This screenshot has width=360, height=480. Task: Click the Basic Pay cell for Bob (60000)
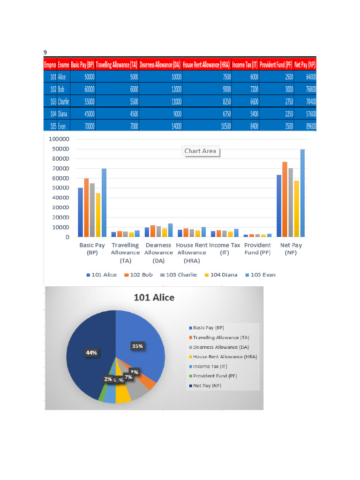pyautogui.click(x=89, y=89)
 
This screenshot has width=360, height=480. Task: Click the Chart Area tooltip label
pyautogui.click(x=200, y=151)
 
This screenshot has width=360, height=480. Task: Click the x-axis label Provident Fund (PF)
pyautogui.click(x=257, y=249)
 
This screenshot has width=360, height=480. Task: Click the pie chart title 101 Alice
pyautogui.click(x=154, y=298)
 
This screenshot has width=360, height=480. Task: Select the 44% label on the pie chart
pyautogui.click(x=92, y=353)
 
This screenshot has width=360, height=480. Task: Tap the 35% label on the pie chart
pyautogui.click(x=137, y=346)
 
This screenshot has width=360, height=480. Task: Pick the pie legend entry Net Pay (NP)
pyautogui.click(x=206, y=386)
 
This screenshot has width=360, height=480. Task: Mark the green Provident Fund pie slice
pyautogui.click(x=101, y=395)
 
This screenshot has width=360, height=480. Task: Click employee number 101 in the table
pyautogui.click(x=53, y=76)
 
